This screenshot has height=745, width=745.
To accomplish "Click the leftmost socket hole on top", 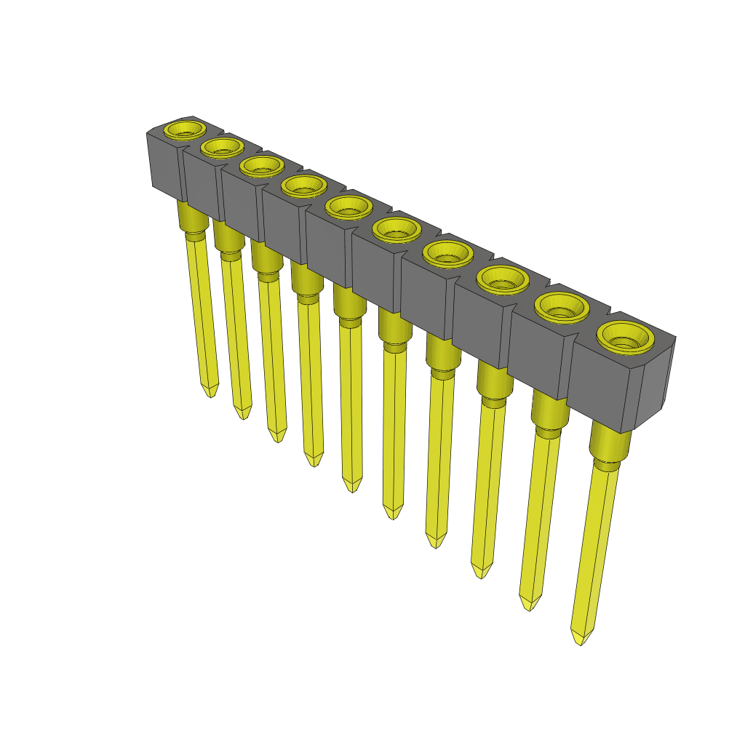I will tap(184, 130).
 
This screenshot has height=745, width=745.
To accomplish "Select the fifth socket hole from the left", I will tap(348, 207).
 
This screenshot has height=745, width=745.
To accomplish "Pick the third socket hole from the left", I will tap(261, 165).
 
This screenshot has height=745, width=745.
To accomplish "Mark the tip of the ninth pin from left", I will tap(530, 606).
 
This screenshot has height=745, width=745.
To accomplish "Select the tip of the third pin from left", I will tap(277, 438).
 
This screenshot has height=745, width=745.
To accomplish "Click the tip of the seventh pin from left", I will tap(435, 543).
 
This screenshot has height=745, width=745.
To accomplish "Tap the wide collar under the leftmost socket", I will tap(191, 216).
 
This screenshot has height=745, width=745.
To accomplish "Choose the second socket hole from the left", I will tap(222, 147).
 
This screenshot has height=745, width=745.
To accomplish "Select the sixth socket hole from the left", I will tap(397, 230).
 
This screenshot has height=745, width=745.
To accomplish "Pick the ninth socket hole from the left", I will tap(561, 307).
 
